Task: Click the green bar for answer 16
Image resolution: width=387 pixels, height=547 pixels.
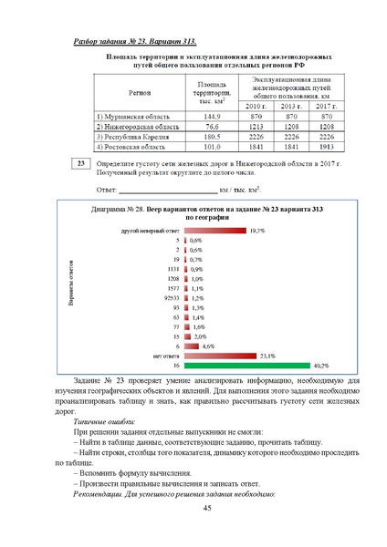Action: tap(246, 364)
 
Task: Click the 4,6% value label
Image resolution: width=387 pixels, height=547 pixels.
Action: tap(208, 346)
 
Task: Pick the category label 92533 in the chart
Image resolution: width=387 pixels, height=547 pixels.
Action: tap(170, 297)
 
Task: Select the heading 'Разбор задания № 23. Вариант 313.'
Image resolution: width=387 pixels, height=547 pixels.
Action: tap(134, 41)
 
